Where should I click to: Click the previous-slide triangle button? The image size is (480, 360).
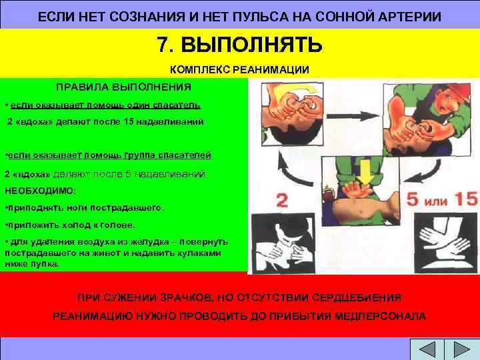pyautogui.click(x=426, y=349)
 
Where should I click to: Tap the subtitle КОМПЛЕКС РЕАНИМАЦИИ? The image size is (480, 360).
pyautogui.click(x=240, y=69)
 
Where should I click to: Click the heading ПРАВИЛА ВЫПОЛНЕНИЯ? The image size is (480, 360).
pyautogui.click(x=123, y=87)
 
